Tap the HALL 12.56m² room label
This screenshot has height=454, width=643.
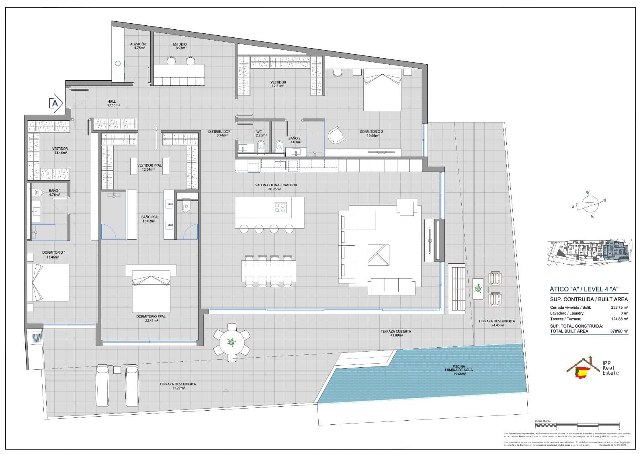pyautogui.click(x=113, y=104)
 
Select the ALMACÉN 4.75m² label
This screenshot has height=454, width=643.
pyautogui.click(x=137, y=46)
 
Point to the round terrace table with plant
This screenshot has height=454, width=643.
pyautogui.click(x=231, y=342)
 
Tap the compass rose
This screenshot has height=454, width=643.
pyautogui.click(x=590, y=205)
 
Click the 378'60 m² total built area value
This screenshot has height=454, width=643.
pyautogui.click(x=619, y=331)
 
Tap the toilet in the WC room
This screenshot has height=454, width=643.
pyautogui.click(x=261, y=147)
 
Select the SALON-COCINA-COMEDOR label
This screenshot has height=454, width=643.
pyautogui.click(x=276, y=187)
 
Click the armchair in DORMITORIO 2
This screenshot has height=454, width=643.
pyautogui.click(x=336, y=135)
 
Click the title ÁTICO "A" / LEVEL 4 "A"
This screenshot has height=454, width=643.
pyautogui.click(x=583, y=289)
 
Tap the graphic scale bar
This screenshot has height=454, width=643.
pyautogui.click(x=577, y=425)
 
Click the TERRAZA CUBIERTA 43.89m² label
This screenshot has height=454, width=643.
pyautogui.click(x=396, y=333)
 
